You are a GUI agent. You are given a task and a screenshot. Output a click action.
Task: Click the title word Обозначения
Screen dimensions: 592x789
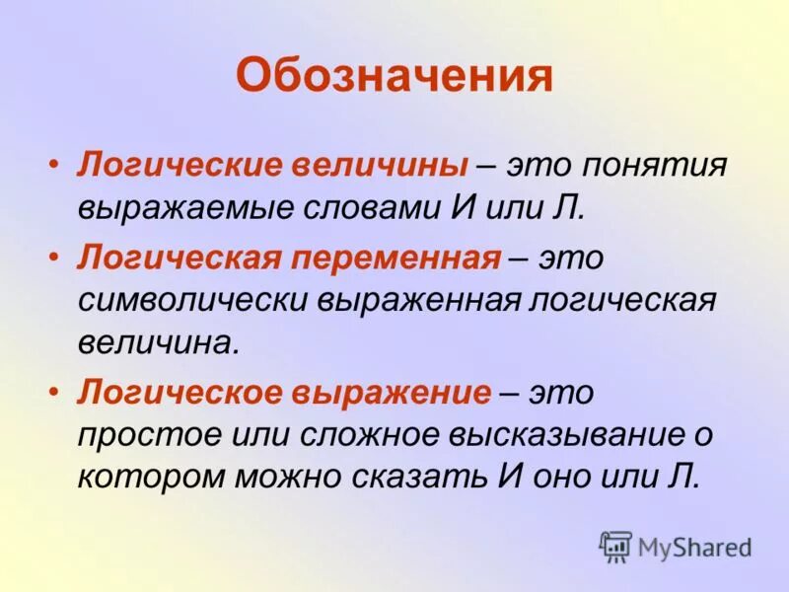point(394,76)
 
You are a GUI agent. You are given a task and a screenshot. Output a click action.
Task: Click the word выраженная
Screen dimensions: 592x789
point(416,301)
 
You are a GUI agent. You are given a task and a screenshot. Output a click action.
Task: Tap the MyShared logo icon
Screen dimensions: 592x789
point(615,546)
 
